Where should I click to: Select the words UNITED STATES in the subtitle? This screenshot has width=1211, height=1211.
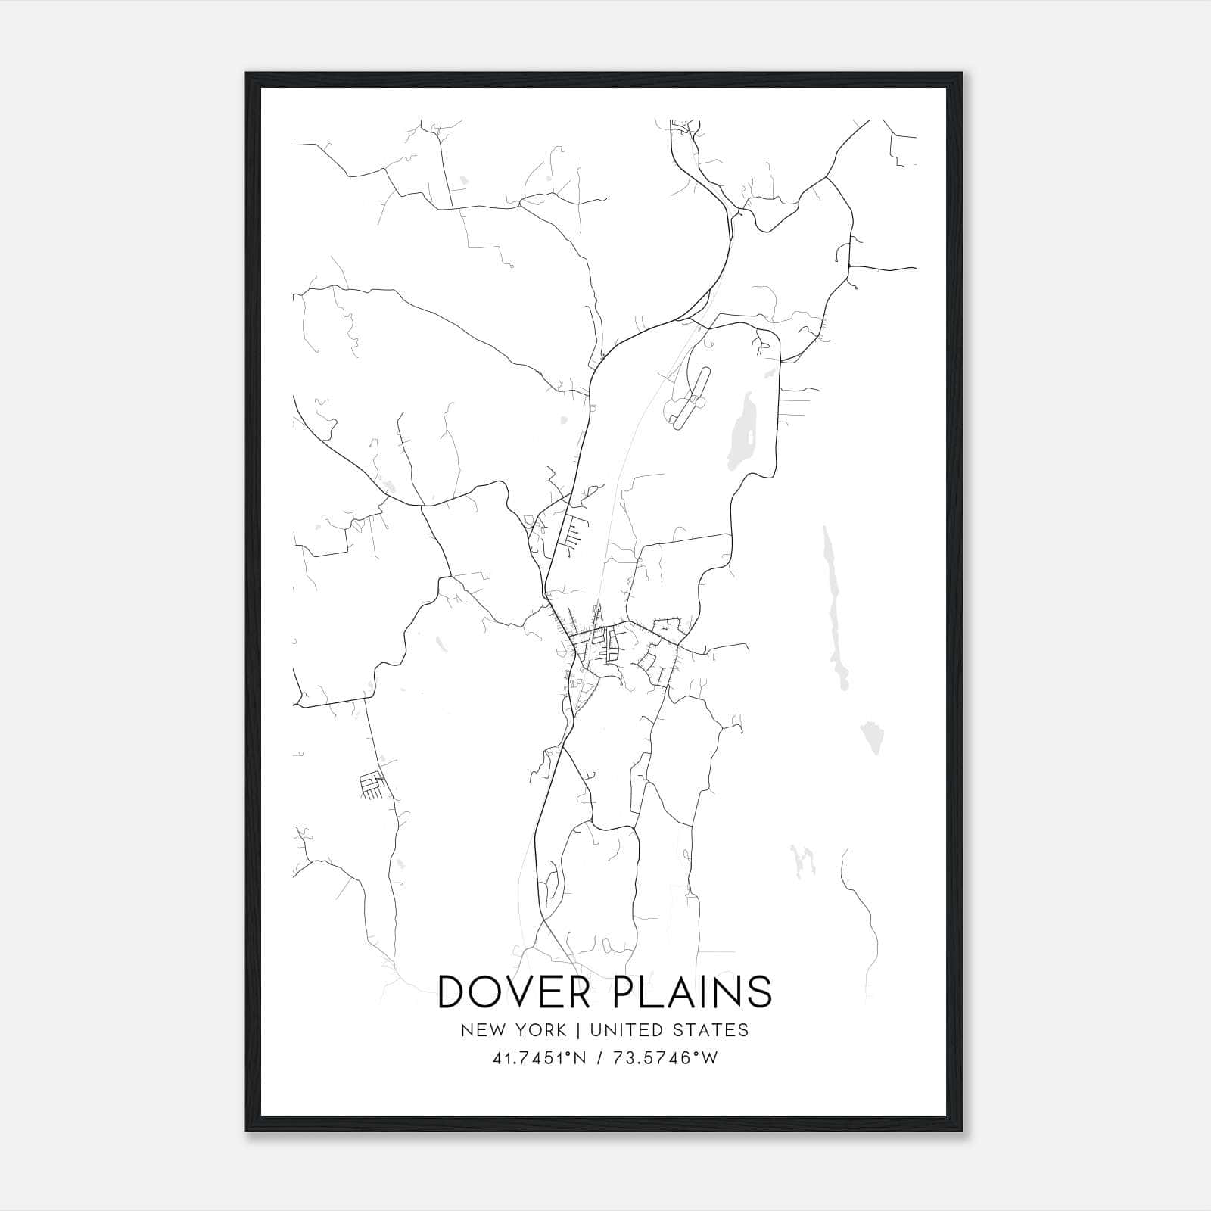point(669,1030)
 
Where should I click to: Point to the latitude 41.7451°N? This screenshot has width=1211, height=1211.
point(539,1058)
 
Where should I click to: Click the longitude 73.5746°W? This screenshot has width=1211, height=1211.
point(666,1058)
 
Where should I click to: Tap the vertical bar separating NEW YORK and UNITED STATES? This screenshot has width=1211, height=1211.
point(577,1030)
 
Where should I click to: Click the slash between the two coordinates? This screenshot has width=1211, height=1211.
point(600,1058)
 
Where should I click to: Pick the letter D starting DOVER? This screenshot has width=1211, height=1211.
point(454,992)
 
